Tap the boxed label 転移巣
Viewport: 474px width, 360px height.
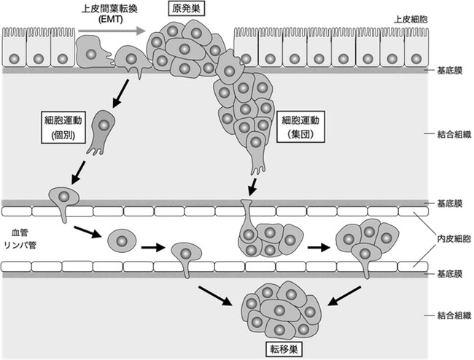pyautogui.click(x=281, y=349)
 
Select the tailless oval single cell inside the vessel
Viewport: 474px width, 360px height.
pyautogui.click(x=121, y=239)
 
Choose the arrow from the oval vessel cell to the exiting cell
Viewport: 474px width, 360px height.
pyautogui.click(x=152, y=247)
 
